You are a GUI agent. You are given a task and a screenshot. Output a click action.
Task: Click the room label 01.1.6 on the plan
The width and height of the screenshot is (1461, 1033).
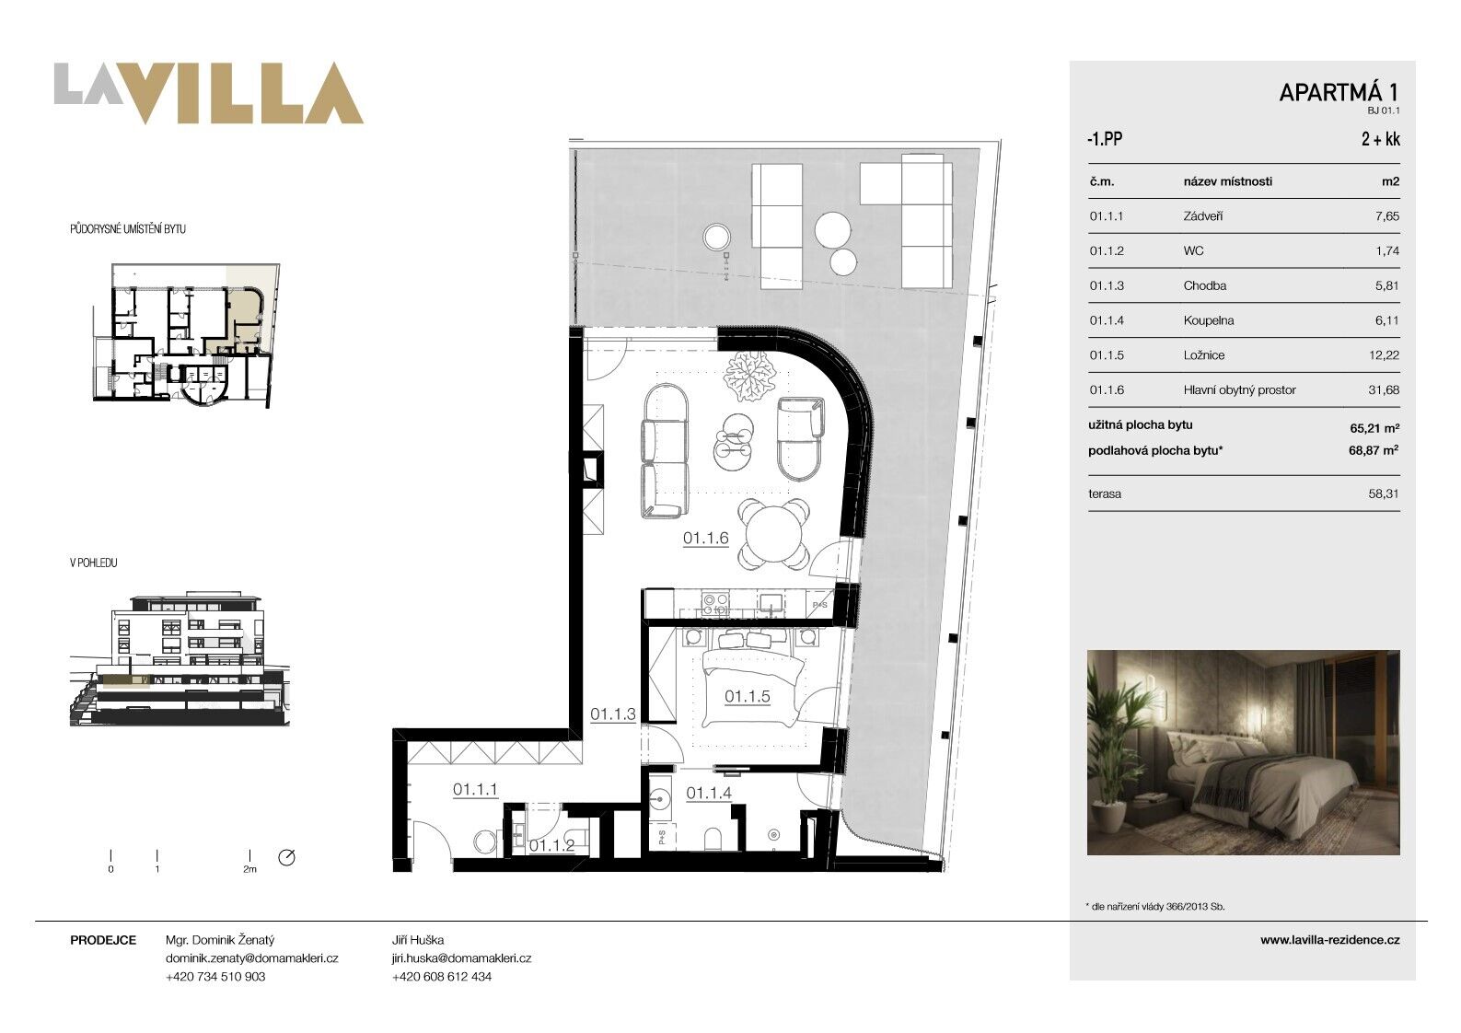pos(706,539)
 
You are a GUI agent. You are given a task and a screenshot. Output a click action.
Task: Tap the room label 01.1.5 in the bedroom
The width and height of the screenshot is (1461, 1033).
pos(748,696)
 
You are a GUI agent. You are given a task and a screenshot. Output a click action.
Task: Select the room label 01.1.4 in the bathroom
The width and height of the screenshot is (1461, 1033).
pos(709,794)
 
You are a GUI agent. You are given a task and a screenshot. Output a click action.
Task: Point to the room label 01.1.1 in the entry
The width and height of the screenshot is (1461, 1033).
pos(475,790)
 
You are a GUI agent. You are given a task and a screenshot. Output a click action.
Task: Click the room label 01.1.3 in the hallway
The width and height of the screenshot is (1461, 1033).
pos(613,714)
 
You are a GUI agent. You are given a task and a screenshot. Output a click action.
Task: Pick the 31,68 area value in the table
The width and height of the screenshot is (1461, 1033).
pos(1384,390)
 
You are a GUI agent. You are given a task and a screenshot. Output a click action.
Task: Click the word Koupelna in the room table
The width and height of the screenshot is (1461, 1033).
pos(1209,320)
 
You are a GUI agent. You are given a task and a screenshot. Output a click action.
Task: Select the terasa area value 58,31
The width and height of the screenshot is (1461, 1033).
pos(1384,493)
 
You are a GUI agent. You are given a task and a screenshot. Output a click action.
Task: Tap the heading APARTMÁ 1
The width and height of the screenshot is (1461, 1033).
pos(1339,93)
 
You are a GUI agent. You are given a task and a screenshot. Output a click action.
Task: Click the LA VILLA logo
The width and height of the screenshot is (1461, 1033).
pos(208,93)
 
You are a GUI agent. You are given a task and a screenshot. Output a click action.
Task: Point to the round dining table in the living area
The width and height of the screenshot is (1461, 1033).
pos(773,533)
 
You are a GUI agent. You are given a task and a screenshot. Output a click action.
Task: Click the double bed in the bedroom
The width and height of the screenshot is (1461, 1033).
pos(750,680)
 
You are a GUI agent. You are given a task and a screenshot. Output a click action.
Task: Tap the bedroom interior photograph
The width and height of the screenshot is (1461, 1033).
pos(1243,752)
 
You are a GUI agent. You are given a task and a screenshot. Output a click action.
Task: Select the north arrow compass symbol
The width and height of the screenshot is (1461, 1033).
pos(286,857)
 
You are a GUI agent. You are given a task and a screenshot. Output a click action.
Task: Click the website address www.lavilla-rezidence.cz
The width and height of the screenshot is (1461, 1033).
pos(1330,940)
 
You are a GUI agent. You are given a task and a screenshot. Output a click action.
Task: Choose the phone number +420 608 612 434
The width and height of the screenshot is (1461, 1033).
pos(442,976)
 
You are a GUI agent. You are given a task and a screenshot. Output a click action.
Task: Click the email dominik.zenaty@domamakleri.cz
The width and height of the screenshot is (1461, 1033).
pos(251,958)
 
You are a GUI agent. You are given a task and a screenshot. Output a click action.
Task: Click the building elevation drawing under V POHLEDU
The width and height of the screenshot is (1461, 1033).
pos(180,658)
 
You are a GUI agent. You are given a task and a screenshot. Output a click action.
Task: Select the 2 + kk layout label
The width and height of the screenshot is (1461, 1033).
pos(1381,139)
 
